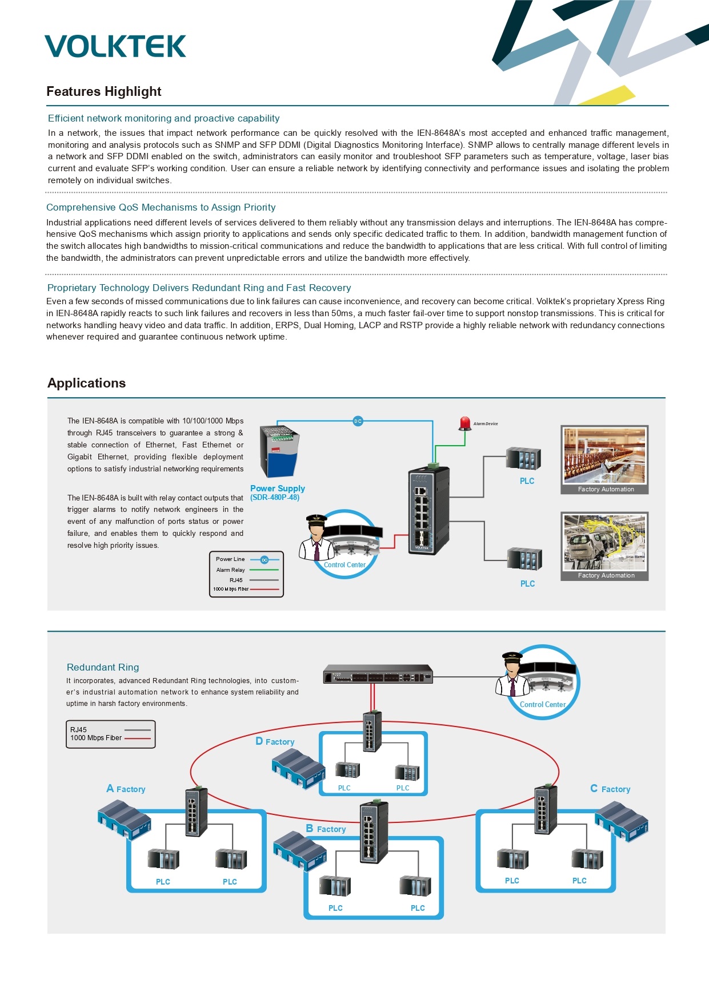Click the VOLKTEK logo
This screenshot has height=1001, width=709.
[x=115, y=46]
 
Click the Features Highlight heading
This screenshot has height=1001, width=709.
[x=104, y=91]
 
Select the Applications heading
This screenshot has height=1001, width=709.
[x=86, y=383]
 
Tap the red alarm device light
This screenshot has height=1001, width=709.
[x=464, y=423]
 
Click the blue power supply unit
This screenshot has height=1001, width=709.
[x=280, y=451]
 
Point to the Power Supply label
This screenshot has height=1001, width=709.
[x=278, y=489]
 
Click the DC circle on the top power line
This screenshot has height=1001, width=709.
[x=358, y=421]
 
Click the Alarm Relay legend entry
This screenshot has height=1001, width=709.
[x=247, y=570]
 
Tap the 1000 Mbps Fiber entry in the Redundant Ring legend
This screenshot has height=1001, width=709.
[x=110, y=738]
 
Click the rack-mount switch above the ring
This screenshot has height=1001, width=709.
[x=378, y=674]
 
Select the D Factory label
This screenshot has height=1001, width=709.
[x=275, y=741]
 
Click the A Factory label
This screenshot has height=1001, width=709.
[x=126, y=789]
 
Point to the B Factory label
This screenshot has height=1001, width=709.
[x=326, y=829]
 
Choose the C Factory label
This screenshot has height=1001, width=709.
[x=610, y=789]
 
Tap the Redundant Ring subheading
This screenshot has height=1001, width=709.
[x=103, y=667]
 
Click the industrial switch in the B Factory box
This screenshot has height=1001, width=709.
[x=374, y=833]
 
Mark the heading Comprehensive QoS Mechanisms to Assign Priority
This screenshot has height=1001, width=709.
[x=161, y=207]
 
